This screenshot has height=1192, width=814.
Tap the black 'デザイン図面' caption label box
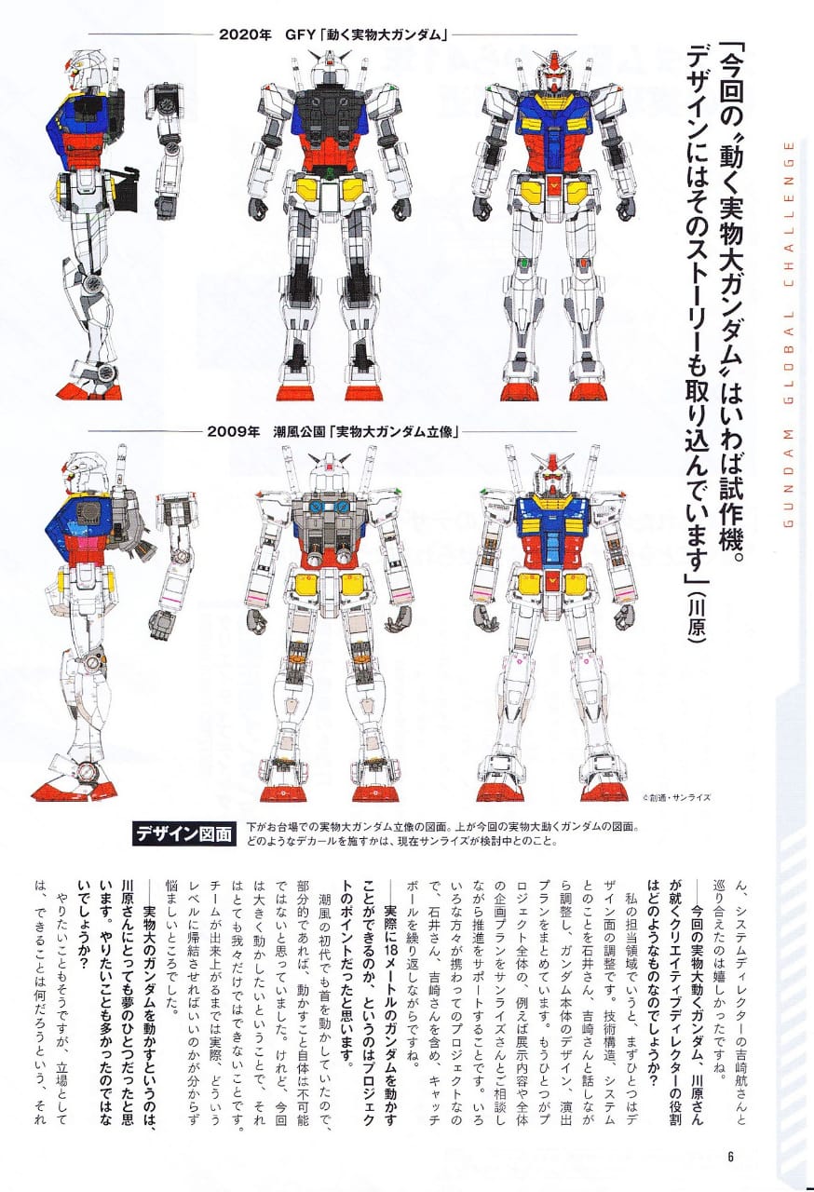coord(184,834)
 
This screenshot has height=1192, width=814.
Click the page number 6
coord(730,1157)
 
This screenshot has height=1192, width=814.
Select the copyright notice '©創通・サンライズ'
coord(676,798)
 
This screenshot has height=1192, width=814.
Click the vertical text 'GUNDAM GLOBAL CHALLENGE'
coord(789,334)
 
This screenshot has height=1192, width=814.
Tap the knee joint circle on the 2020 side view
coord(94,282)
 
